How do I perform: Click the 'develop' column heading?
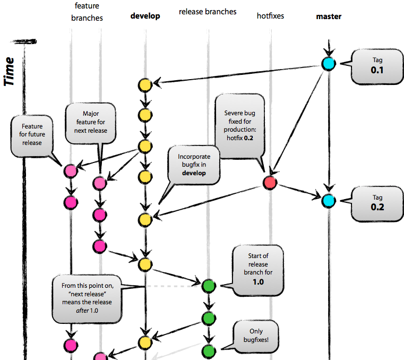coord(145,16)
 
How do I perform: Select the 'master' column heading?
coord(329,16)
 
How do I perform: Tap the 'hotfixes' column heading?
coord(270,16)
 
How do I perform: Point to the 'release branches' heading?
coord(208,11)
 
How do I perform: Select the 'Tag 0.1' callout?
coord(376,65)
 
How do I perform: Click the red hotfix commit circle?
coord(270,183)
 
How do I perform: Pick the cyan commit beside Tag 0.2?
coord(329,201)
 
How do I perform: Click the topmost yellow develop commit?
coord(145,84)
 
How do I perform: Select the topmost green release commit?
coord(209,286)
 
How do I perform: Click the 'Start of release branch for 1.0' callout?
coord(258,270)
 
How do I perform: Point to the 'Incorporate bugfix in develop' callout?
coord(194,165)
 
